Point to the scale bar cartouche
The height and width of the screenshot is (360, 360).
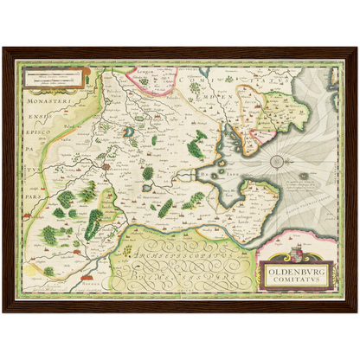click(55, 79)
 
